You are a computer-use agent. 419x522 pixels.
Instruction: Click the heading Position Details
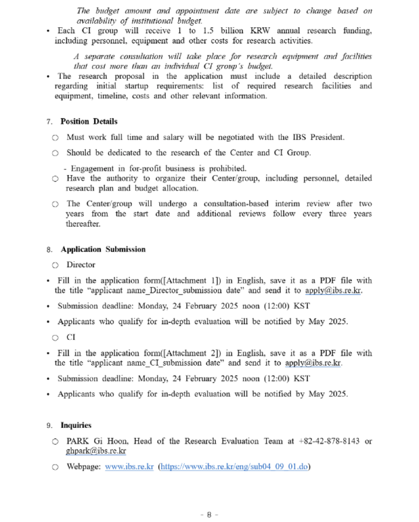(x=89, y=121)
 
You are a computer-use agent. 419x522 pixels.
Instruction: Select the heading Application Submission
(x=103, y=249)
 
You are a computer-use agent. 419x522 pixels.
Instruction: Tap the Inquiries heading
(x=76, y=425)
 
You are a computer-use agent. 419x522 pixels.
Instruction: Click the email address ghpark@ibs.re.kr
(x=96, y=451)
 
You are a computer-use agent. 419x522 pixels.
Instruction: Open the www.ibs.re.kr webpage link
(x=129, y=467)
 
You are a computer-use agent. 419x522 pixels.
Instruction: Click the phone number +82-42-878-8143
(x=329, y=441)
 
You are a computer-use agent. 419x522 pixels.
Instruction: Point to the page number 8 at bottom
(x=209, y=514)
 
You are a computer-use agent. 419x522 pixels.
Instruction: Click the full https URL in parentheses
(x=234, y=467)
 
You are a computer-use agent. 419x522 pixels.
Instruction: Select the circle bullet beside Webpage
(x=55, y=468)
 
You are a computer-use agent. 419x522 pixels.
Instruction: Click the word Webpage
(x=83, y=467)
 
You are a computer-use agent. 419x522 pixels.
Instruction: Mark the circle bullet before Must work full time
(x=55, y=138)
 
